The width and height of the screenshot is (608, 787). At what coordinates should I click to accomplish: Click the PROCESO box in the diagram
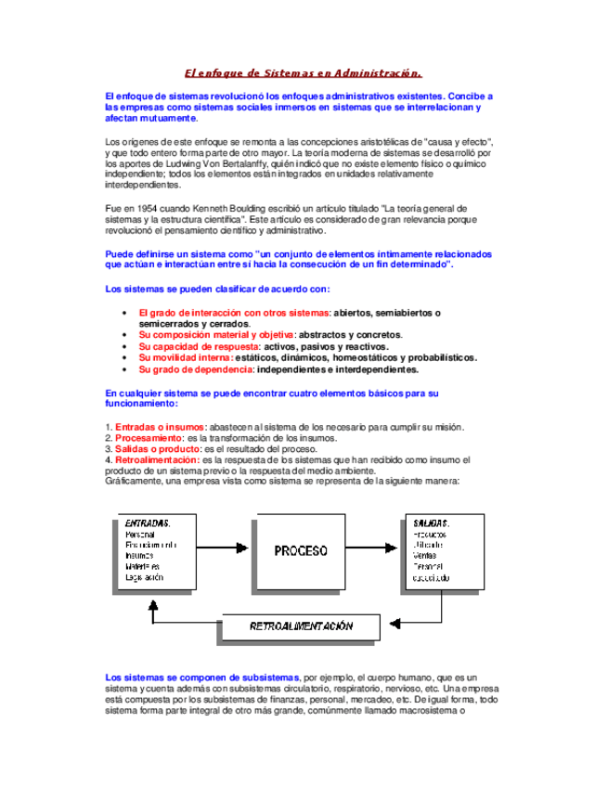pos(300,550)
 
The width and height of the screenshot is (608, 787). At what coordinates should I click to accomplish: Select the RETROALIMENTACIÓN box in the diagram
pos(301,626)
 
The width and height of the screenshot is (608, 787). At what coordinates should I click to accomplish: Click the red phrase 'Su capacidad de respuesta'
pos(199,345)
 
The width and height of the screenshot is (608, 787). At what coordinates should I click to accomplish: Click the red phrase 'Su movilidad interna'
pos(186,356)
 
